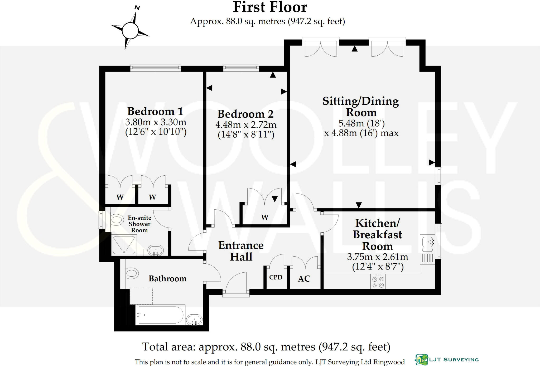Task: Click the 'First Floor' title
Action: point(270,7)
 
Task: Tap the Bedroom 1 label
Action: point(155,111)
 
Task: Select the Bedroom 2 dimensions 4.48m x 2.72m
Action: point(246,124)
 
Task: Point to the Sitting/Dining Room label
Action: point(361,107)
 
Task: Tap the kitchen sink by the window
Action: point(427,244)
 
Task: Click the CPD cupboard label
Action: point(276,277)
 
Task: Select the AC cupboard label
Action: point(304,279)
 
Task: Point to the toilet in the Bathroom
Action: point(132,273)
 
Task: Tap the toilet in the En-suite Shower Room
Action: point(117,219)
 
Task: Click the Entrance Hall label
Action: point(241,251)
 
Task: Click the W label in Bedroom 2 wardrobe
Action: point(265,217)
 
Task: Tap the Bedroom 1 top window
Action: point(156,69)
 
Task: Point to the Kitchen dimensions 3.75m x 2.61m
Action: point(378,257)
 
